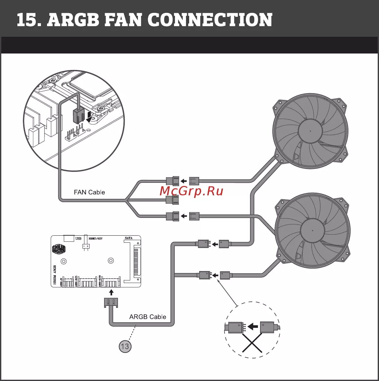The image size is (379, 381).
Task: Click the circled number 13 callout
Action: click(125, 346)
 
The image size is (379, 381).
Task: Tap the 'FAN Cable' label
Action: click(89, 192)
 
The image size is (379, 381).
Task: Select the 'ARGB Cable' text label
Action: click(148, 317)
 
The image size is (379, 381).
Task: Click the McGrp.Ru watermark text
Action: click(191, 191)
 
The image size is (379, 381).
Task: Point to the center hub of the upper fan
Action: click(310, 131)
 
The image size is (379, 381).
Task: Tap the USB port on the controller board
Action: click(69, 238)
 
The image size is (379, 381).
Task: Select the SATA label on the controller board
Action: click(129, 238)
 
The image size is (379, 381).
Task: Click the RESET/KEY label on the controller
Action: click(96, 239)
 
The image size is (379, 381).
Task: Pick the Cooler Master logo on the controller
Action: click(59, 249)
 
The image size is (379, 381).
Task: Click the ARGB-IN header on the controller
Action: click(68, 282)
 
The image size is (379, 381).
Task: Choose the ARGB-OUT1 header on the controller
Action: click(87, 282)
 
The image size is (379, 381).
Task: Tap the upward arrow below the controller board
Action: click(112, 292)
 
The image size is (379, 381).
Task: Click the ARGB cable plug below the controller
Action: click(111, 302)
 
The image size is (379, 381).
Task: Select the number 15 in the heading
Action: click(27, 20)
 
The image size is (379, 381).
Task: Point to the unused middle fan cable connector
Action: click(172, 200)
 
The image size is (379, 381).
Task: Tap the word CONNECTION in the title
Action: click(210, 20)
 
